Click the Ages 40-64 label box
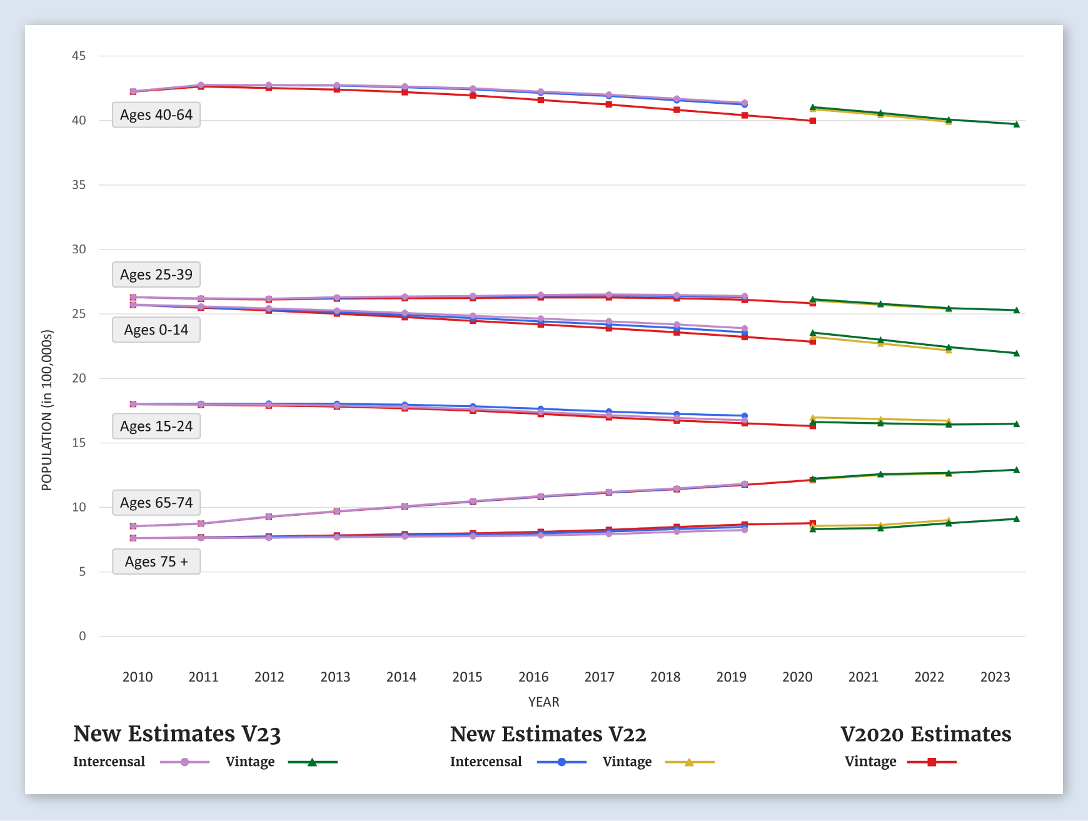pyautogui.click(x=156, y=115)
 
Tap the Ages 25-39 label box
pyautogui.click(x=156, y=275)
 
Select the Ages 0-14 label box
pyautogui.click(x=156, y=330)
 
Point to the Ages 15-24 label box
pyautogui.click(x=156, y=426)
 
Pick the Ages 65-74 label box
pyautogui.click(x=156, y=503)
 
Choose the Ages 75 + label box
pyautogui.click(x=156, y=562)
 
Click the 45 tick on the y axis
pyautogui.click(x=79, y=56)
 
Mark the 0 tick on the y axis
pyautogui.click(x=83, y=636)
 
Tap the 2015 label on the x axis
pyautogui.click(x=467, y=677)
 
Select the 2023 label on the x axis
pyautogui.click(x=995, y=677)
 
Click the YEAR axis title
pyautogui.click(x=543, y=702)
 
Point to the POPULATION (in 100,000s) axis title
pyautogui.click(x=47, y=410)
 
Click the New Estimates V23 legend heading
pyautogui.click(x=177, y=734)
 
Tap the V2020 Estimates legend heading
pyautogui.click(x=925, y=734)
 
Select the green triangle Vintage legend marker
pyautogui.click(x=312, y=762)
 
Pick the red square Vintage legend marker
pyautogui.click(x=932, y=762)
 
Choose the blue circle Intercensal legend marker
pyautogui.click(x=562, y=762)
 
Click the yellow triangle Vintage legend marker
pyautogui.click(x=689, y=762)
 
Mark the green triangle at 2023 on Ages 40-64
pyautogui.click(x=1017, y=124)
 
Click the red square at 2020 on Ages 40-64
pyautogui.click(x=813, y=121)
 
